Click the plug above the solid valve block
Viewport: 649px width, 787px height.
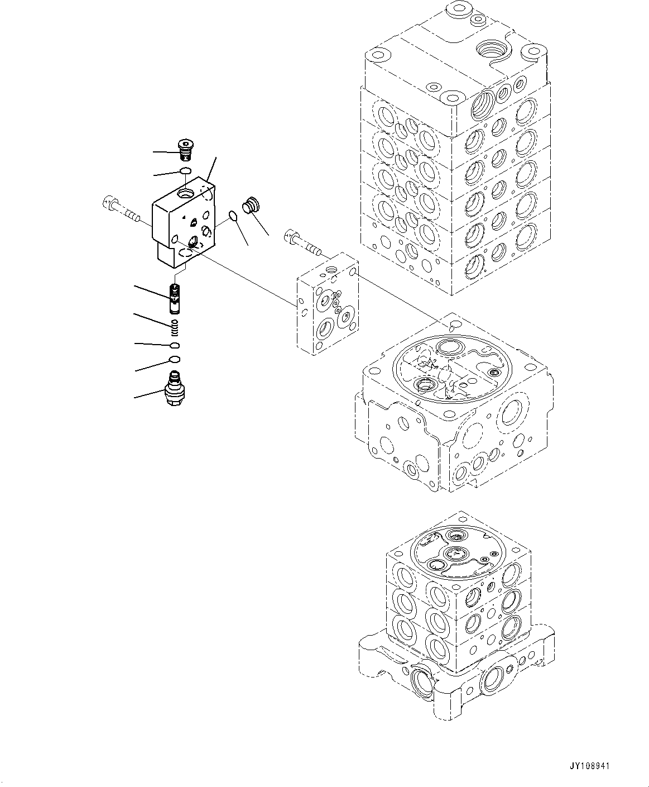tap(185, 149)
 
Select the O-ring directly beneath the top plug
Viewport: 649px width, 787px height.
tap(186, 170)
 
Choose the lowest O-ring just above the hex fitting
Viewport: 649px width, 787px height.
tap(174, 359)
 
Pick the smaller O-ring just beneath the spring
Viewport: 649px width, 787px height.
tap(174, 345)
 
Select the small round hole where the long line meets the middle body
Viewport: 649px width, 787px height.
tap(455, 325)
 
